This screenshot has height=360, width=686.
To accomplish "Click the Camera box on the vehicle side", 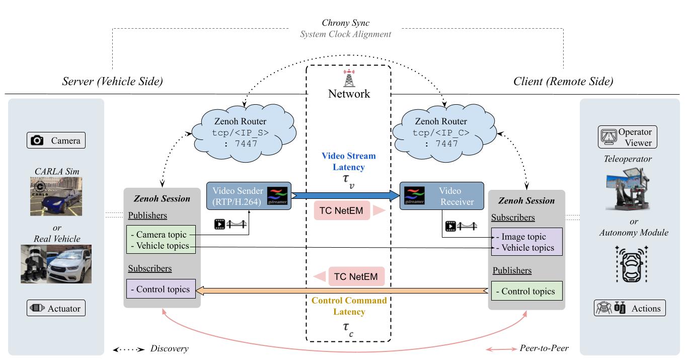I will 56,140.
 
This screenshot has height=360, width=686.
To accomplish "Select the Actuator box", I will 56,308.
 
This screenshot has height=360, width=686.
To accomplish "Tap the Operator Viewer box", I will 627,137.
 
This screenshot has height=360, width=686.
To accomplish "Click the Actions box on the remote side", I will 630,308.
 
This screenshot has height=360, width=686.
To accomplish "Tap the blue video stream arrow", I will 345,195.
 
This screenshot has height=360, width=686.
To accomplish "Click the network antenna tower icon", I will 349,78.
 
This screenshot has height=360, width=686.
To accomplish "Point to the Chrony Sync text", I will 345,24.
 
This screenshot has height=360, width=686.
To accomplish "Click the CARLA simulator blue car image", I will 56,196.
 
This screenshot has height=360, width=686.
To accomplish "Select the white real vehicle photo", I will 69,263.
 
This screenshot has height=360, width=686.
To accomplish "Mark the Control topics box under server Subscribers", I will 161,289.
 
